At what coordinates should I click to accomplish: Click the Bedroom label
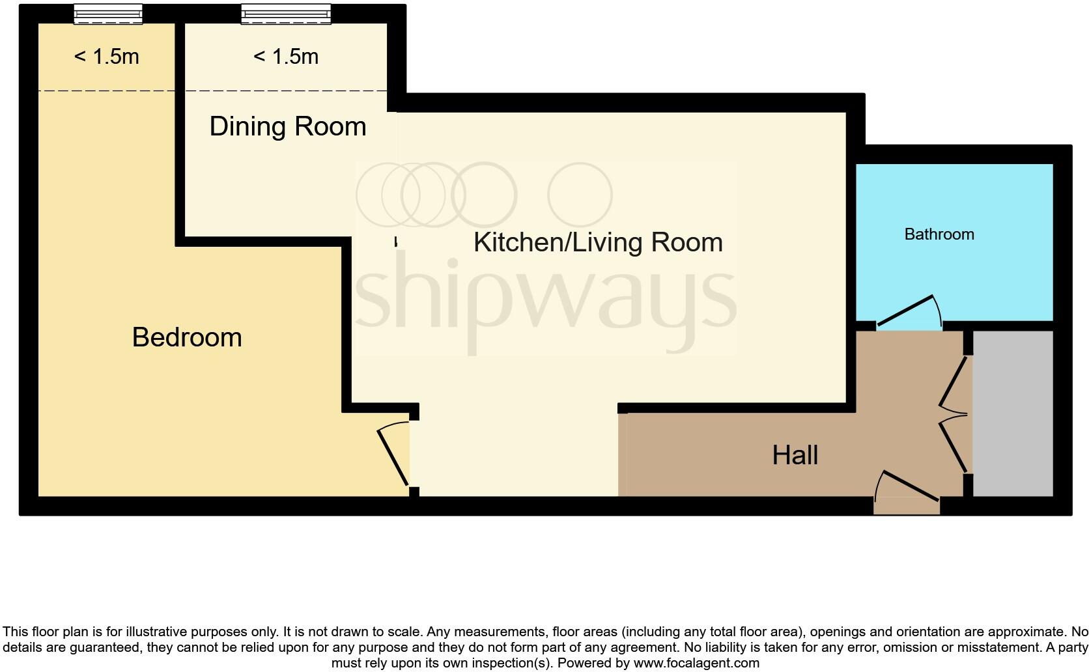(187, 337)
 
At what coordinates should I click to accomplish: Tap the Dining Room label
(287, 126)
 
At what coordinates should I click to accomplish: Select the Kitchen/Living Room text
(598, 242)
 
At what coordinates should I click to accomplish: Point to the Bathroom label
(939, 234)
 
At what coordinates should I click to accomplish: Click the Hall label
(795, 455)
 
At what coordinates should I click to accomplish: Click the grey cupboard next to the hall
(1013, 413)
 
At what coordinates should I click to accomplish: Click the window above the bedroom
(108, 14)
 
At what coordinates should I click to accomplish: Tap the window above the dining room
(286, 14)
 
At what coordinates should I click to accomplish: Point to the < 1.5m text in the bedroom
(107, 57)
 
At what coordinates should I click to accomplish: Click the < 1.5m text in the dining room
(286, 57)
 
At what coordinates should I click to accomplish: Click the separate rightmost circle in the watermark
(580, 195)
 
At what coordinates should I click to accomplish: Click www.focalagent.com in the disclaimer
(696, 664)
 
